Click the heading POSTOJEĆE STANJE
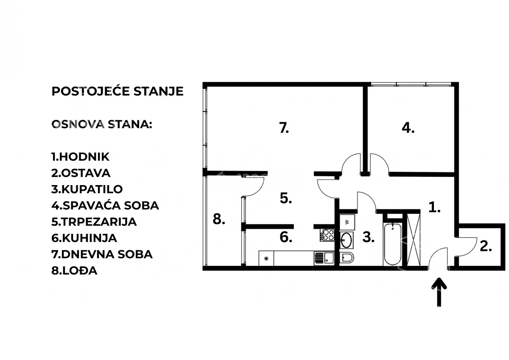tap(117, 91)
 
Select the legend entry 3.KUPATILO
tap(87, 189)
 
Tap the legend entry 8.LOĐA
tap(74, 270)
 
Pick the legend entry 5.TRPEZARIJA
tap(94, 222)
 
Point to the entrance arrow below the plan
tap(439, 292)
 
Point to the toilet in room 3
tap(347, 258)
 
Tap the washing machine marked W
tap(347, 222)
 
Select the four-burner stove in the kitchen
tap(327, 235)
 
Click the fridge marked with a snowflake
tap(266, 258)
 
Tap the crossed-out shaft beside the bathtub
tap(413, 240)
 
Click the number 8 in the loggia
tap(219, 219)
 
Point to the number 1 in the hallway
tap(434, 208)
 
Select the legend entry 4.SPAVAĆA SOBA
tap(105, 205)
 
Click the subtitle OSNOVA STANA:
tap(102, 124)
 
